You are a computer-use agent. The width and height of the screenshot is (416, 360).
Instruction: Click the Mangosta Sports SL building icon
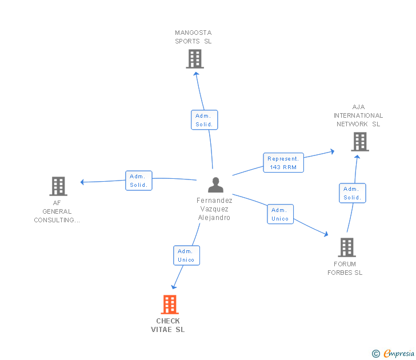195,59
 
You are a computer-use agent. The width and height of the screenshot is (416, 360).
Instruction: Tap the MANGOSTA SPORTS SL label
193,37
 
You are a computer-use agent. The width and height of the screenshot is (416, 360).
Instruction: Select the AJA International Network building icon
360,142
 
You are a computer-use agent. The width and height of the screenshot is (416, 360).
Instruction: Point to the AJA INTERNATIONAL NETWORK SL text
358,115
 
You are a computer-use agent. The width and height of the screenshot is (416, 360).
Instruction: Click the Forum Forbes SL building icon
347,247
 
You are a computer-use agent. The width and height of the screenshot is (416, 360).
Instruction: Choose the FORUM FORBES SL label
345,268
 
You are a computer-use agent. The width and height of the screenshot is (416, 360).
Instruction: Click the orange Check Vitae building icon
170,305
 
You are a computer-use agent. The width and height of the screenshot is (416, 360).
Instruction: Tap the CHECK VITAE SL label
168,325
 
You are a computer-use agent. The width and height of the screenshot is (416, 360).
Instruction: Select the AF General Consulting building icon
58,186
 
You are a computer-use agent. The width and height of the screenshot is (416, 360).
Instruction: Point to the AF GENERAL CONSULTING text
57,211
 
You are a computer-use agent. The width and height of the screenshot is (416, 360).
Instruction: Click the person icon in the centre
215,185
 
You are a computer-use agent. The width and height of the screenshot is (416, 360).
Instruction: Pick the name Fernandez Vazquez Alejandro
214,209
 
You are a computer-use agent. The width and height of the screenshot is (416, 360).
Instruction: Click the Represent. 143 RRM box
283,163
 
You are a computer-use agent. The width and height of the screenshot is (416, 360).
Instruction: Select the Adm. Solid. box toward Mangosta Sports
204,120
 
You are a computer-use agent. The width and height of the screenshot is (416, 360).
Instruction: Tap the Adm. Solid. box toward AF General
139,181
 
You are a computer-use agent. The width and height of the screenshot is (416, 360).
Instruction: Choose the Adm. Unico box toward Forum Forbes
280,214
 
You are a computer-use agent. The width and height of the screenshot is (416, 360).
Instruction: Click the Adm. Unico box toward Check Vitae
186,255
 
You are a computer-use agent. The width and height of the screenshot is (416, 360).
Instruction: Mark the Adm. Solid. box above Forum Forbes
352,193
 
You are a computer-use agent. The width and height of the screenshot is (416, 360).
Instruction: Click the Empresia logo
398,354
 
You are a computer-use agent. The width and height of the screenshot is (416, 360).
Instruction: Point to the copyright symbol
376,354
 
